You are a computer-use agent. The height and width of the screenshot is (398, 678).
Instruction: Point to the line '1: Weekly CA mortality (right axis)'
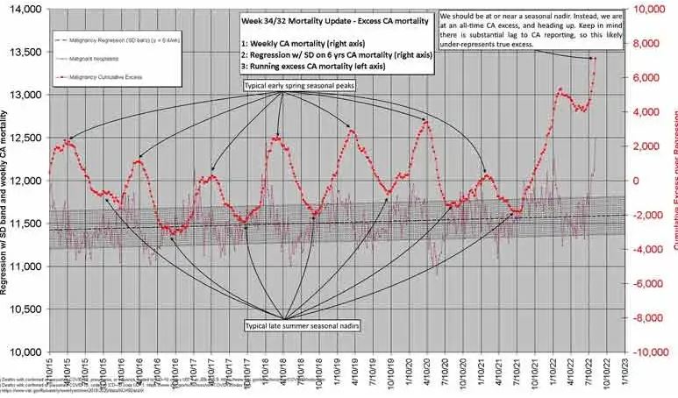[306, 43]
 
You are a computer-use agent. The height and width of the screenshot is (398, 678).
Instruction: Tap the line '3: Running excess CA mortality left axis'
[320, 66]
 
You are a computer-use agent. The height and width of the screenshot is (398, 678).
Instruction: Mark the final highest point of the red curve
[594, 59]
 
